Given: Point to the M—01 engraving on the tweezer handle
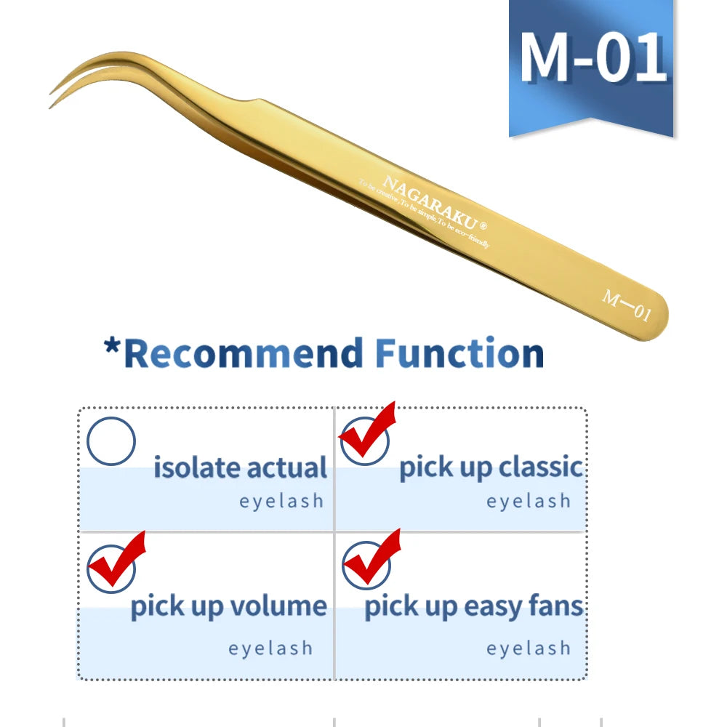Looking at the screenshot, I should pyautogui.click(x=626, y=305).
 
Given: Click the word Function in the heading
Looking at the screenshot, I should pyautogui.click(x=459, y=354).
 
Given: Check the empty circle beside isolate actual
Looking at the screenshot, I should pyautogui.click(x=111, y=441).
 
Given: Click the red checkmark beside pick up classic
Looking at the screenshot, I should pyautogui.click(x=367, y=435).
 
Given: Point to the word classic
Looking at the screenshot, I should pyautogui.click(x=539, y=467).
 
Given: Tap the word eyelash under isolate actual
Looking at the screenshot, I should pyautogui.click(x=281, y=501).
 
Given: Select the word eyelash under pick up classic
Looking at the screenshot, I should pyautogui.click(x=529, y=501).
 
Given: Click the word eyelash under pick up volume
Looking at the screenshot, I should pyautogui.click(x=270, y=648).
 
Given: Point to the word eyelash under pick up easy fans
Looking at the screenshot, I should pyautogui.click(x=529, y=648).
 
